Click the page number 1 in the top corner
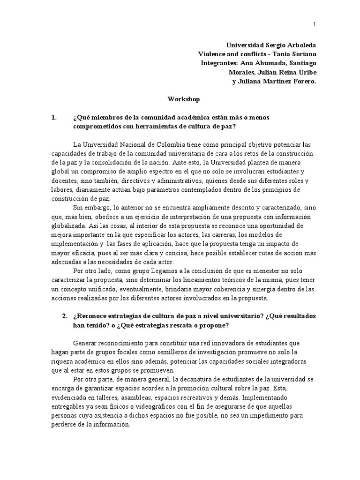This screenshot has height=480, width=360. click(314, 24)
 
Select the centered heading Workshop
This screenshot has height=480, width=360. click(184, 99)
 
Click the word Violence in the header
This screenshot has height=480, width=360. click(212, 54)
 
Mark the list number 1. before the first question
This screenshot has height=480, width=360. click(54, 117)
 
